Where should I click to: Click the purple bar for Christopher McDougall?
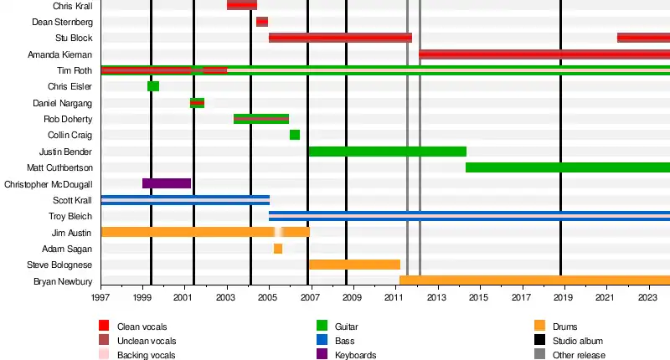click(x=167, y=183)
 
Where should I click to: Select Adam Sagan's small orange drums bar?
click(x=278, y=249)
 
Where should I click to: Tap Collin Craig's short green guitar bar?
click(x=295, y=135)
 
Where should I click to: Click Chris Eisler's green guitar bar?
click(x=153, y=86)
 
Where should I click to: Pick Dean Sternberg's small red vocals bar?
click(x=262, y=22)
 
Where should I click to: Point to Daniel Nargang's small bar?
click(x=197, y=103)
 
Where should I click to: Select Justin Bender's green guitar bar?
click(x=387, y=152)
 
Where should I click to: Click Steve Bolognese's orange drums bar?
click(x=354, y=265)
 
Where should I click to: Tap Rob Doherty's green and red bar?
click(x=261, y=119)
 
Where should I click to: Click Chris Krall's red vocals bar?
click(x=242, y=6)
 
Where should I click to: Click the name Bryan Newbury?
click(x=64, y=281)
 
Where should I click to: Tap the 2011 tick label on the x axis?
click(x=394, y=297)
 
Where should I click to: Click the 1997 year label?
click(x=100, y=297)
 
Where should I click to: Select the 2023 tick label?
click(x=647, y=297)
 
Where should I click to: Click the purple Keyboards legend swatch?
click(x=322, y=355)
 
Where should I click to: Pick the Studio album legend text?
click(x=578, y=341)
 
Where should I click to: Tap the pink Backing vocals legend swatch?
click(x=105, y=355)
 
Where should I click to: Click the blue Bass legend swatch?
click(x=322, y=341)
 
